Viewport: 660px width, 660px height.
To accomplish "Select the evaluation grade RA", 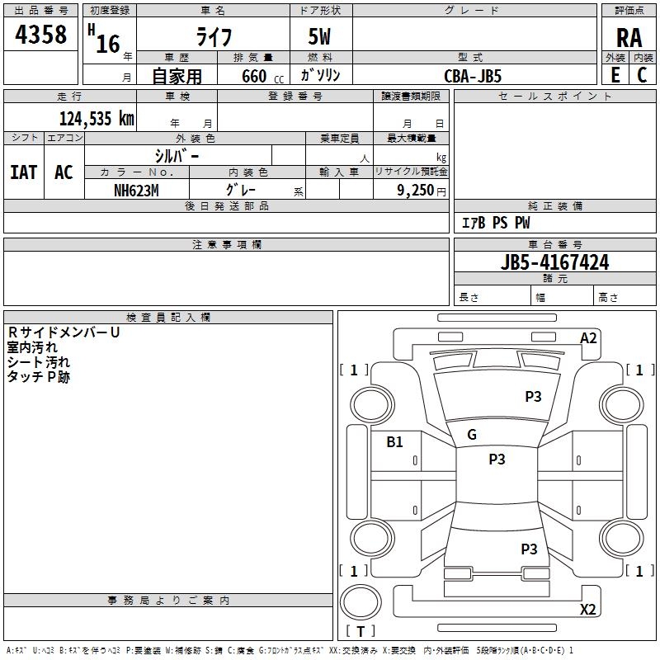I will pyautogui.click(x=629, y=38).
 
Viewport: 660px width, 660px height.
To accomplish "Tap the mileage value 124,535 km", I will pyautogui.click(x=97, y=118).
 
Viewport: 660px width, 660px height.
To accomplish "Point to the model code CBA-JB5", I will pyautogui.click(x=473, y=75).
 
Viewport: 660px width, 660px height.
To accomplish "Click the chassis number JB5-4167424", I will pyautogui.click(x=555, y=262).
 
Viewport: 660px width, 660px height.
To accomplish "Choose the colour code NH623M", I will pyautogui.click(x=136, y=189).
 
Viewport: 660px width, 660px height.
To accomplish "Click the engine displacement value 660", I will pyautogui.click(x=253, y=76).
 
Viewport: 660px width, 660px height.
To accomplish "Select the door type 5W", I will pyautogui.click(x=320, y=38).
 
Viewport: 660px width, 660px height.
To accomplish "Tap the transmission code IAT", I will pyautogui.click(x=24, y=172).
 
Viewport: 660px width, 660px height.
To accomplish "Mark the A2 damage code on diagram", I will pyautogui.click(x=588, y=338).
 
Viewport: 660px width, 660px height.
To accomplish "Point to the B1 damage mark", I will pyautogui.click(x=395, y=441).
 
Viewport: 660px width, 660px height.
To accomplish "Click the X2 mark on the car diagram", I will pyautogui.click(x=588, y=610).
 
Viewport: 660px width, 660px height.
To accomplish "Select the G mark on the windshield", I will pyautogui.click(x=472, y=435).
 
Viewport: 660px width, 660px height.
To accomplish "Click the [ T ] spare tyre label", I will pyautogui.click(x=361, y=631).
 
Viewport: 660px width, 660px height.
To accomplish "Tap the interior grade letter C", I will pyautogui.click(x=642, y=75).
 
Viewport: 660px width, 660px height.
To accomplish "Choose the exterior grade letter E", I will pyautogui.click(x=615, y=75).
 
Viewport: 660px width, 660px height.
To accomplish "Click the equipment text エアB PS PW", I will pyautogui.click(x=496, y=223).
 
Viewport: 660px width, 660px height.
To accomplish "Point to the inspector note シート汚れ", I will pyautogui.click(x=39, y=362).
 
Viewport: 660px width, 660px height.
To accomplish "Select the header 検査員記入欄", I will pyautogui.click(x=168, y=318).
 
